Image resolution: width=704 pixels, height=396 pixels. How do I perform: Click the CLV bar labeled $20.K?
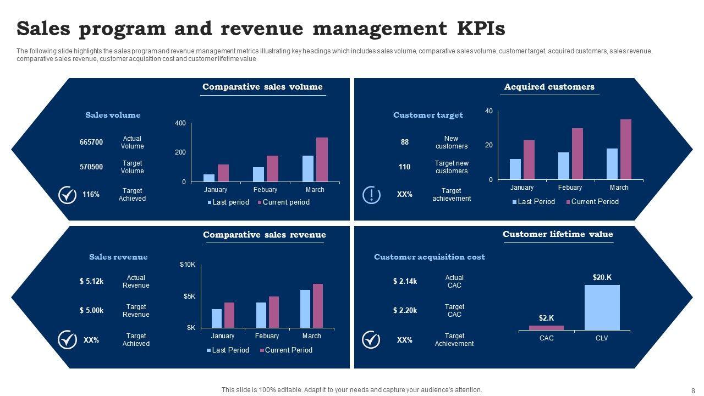(x=602, y=307)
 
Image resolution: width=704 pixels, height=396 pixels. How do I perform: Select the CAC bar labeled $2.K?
(x=546, y=328)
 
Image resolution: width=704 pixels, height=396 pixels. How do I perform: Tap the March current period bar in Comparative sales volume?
(x=322, y=159)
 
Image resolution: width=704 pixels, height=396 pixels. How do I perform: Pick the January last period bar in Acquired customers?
(x=515, y=169)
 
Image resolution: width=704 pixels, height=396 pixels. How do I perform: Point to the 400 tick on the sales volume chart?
(x=180, y=123)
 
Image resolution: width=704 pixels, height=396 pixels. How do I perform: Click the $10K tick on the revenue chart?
(x=188, y=265)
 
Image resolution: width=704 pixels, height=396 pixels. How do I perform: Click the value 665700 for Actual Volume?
(x=91, y=142)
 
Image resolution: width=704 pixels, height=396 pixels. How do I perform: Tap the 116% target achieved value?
(x=91, y=195)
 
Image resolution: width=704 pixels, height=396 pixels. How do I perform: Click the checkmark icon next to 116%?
(x=67, y=195)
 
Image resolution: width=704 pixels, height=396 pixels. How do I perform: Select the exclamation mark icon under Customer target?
(x=371, y=195)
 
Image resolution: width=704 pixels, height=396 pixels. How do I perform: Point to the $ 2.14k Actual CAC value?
(x=405, y=282)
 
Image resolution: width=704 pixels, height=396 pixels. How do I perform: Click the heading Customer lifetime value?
(x=557, y=234)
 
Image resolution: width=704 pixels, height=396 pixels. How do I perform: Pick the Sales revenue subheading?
(x=118, y=257)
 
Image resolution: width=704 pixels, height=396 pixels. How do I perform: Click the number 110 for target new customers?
(x=405, y=167)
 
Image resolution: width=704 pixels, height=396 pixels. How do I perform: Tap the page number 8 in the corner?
(x=693, y=390)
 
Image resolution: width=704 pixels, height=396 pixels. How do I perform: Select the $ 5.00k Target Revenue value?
(x=91, y=311)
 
